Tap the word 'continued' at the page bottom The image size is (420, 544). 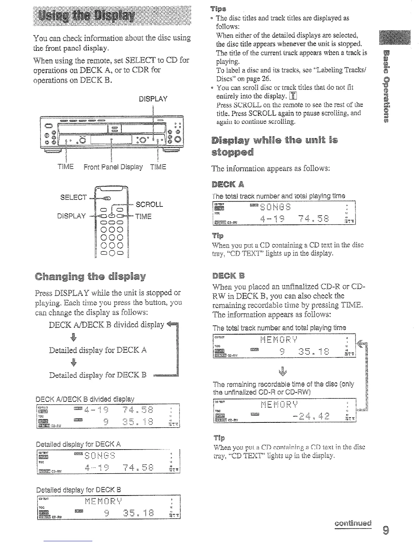tap(353, 523)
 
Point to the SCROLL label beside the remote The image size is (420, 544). tap(150, 205)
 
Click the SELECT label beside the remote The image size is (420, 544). tap(73, 197)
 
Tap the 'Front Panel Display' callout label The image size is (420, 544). tap(113, 167)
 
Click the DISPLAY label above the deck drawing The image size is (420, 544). tap(153, 99)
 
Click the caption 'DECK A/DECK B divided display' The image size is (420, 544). tap(85, 399)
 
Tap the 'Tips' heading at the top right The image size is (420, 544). tap(219, 8)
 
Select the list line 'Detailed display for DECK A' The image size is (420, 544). tap(98, 350)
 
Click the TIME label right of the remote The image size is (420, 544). tap(143, 216)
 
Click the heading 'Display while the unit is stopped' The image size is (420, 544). tap(275, 146)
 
